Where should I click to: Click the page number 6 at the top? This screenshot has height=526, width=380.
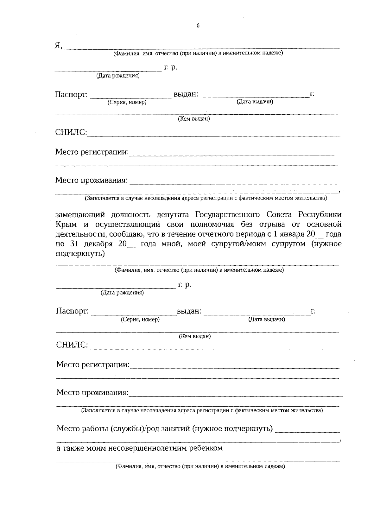click(198, 26)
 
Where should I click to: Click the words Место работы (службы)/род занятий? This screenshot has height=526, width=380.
click(123, 429)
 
